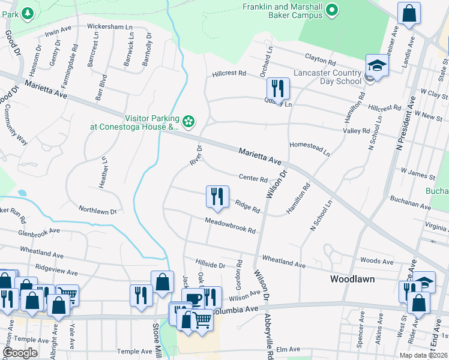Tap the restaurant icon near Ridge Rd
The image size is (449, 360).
click(x=217, y=196)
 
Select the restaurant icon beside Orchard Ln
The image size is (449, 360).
click(x=278, y=89)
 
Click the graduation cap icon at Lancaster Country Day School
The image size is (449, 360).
click(x=377, y=65)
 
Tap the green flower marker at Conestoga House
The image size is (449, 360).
click(x=188, y=122)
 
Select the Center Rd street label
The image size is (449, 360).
click(x=253, y=178)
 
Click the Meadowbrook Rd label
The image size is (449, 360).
click(x=231, y=226)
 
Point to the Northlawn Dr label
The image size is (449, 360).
click(x=97, y=209)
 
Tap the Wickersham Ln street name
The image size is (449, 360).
click(x=109, y=27)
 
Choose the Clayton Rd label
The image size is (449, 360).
click(x=319, y=61)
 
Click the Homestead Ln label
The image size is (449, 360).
click(x=309, y=149)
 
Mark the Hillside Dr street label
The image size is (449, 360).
click(x=210, y=265)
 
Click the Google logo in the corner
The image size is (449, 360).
click(x=20, y=353)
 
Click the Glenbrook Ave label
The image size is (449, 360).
click(x=39, y=231)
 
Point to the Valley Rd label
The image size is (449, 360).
click(x=356, y=130)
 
